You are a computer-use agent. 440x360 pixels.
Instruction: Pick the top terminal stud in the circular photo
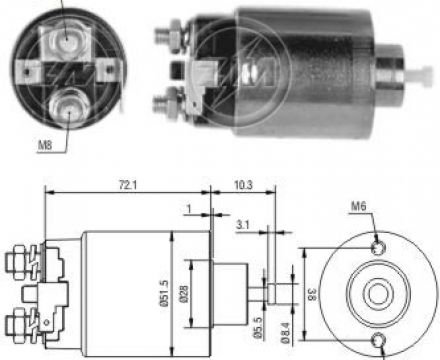pos(67,37)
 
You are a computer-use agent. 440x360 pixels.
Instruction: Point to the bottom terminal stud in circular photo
pos(67,104)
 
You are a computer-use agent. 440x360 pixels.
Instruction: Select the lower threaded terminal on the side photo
pos(167,101)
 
